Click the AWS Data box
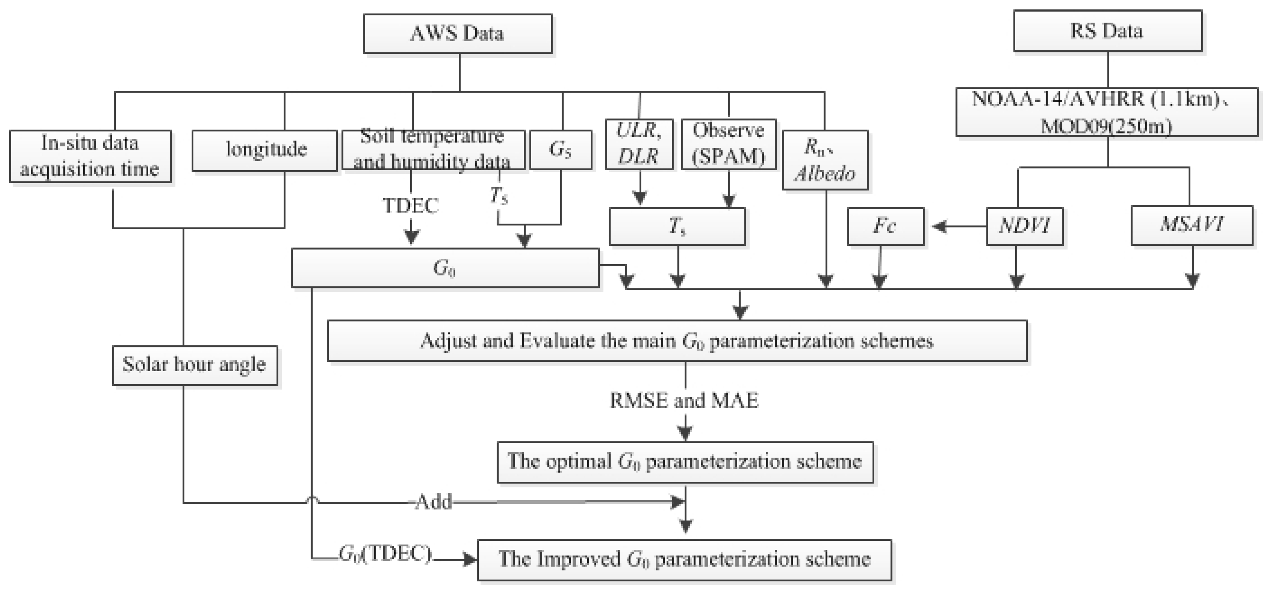(x=457, y=34)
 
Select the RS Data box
(x=1107, y=31)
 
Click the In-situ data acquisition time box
(x=90, y=156)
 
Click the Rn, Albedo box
(x=824, y=160)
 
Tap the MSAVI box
(x=1191, y=226)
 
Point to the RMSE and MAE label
(x=684, y=400)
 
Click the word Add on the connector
(x=434, y=502)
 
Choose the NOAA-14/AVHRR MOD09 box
(x=1107, y=113)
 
